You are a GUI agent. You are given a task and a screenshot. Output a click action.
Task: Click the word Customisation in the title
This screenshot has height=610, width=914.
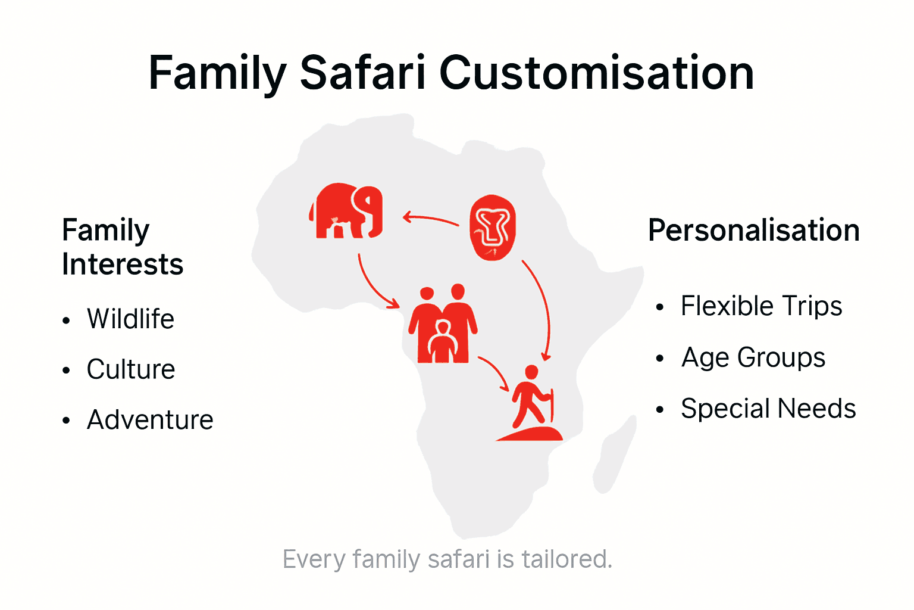tap(596, 73)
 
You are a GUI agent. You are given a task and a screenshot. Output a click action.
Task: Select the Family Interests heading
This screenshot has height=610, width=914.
tap(122, 247)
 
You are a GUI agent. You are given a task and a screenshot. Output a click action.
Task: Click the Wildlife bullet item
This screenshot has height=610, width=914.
tap(130, 319)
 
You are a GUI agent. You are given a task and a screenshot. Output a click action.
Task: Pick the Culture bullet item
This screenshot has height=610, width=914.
tap(131, 369)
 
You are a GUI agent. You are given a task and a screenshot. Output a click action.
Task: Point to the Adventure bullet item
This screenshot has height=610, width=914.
tap(150, 420)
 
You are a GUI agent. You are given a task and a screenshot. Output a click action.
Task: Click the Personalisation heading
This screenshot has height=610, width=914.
tap(753, 231)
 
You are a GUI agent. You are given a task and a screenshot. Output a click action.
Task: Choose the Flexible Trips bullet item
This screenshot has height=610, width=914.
tap(761, 306)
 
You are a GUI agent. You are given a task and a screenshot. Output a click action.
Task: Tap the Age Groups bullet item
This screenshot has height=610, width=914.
tap(753, 357)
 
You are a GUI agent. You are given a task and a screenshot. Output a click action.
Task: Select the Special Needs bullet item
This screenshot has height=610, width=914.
tap(768, 409)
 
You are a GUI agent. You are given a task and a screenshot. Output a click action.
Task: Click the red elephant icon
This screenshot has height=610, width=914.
tap(346, 211)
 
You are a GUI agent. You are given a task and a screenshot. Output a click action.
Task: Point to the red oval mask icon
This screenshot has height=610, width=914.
tap(493, 228)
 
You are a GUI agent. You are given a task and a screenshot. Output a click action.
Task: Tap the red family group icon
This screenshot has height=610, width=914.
tap(443, 325)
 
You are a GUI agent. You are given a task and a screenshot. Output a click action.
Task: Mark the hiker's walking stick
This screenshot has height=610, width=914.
tap(552, 405)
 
